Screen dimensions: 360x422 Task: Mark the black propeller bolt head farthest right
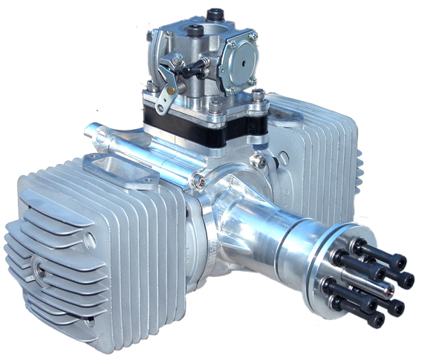(x=405, y=280)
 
